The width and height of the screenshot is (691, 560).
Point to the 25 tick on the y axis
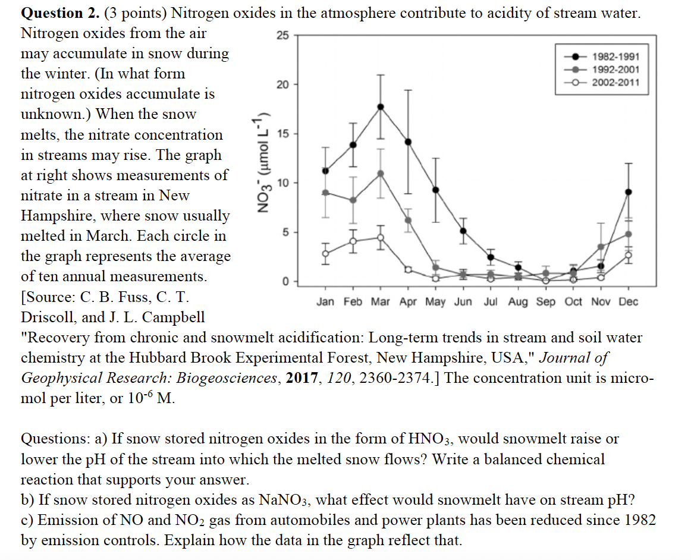pos(282,36)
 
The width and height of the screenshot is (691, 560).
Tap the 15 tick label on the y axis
pos(282,134)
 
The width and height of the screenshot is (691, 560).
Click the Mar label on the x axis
pos(381,302)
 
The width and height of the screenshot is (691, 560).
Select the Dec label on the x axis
pos(628,302)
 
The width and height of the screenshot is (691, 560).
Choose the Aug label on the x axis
pos(518,302)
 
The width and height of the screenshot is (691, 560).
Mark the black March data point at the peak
pos(381,106)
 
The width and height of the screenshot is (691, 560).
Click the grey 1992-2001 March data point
pos(381,173)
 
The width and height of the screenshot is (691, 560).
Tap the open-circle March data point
pos(381,237)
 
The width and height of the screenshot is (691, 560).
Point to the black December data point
pos(629,192)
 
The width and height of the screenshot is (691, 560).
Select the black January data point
pos(325,171)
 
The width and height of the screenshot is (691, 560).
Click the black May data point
pos(436,190)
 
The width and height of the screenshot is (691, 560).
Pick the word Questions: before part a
pos(55,439)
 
